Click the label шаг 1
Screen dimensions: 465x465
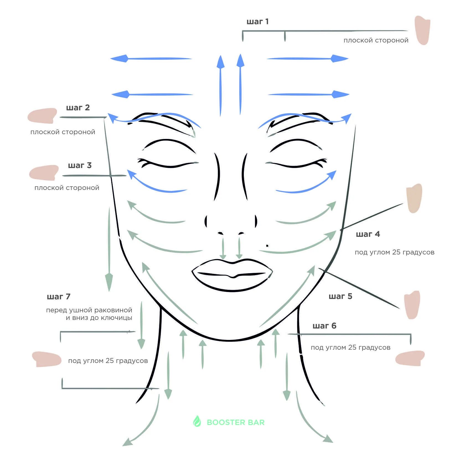(257, 22)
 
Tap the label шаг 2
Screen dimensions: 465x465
(78, 107)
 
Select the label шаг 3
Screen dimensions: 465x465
(80, 165)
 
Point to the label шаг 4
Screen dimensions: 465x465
(368, 234)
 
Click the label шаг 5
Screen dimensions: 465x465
(340, 296)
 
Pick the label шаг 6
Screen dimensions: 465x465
(324, 326)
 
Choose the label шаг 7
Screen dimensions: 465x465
(59, 297)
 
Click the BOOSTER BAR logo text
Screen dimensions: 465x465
(236, 422)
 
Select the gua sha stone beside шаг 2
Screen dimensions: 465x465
(42, 116)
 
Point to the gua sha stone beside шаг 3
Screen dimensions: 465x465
(44, 172)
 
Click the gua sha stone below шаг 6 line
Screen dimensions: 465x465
(410, 358)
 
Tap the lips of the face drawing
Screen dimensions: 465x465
(232, 274)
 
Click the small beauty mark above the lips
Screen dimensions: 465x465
(267, 246)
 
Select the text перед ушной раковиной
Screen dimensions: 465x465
(89, 310)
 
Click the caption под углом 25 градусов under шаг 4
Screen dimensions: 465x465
(394, 252)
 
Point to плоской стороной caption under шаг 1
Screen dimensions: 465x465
(376, 40)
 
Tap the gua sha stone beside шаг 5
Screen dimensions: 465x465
(412, 305)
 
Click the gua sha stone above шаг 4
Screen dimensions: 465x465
(414, 198)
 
